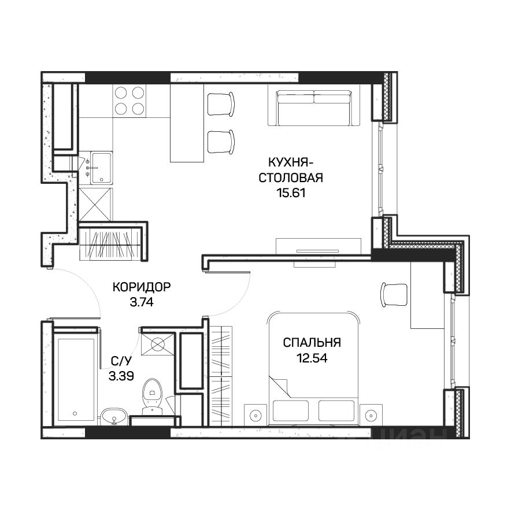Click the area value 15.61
point(291,193)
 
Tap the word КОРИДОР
point(142,287)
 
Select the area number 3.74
point(142,302)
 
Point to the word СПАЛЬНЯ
point(312,343)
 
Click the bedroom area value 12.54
point(312,358)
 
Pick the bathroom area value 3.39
point(121,376)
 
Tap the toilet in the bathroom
point(153,397)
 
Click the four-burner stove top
point(129,101)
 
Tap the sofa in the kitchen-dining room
point(314,108)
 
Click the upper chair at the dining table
point(221,104)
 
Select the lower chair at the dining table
point(221,142)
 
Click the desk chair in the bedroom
point(394,295)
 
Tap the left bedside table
point(255,414)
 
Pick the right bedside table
point(371,414)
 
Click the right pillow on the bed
point(336,410)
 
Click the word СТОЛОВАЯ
point(291,178)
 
